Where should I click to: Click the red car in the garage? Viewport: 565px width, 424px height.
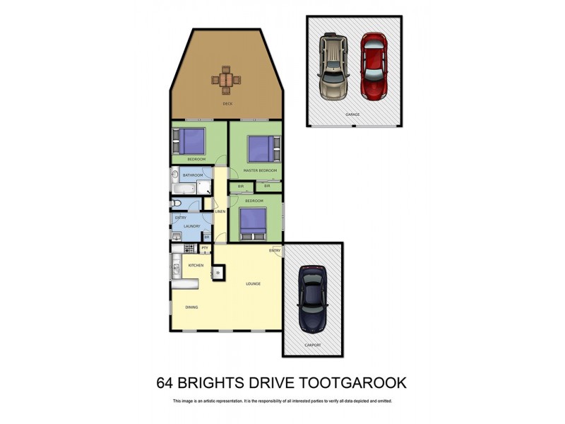click(x=375, y=66)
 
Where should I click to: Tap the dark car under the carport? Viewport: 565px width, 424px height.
click(x=311, y=298)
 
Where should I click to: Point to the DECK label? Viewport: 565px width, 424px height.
click(x=227, y=104)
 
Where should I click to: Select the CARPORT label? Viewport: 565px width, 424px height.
click(x=313, y=345)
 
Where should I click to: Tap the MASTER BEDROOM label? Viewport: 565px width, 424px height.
click(x=260, y=170)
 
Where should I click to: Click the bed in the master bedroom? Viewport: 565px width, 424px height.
click(x=259, y=148)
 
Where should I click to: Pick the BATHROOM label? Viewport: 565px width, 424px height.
click(x=193, y=175)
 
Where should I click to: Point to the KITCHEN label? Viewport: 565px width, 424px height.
click(x=196, y=265)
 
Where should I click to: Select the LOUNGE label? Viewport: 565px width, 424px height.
click(x=254, y=284)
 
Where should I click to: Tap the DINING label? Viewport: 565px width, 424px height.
click(x=191, y=307)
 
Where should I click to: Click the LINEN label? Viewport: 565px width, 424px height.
click(x=220, y=211)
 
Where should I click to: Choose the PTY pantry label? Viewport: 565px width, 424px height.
click(x=205, y=248)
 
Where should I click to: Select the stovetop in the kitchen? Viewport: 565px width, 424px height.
click(x=189, y=249)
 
